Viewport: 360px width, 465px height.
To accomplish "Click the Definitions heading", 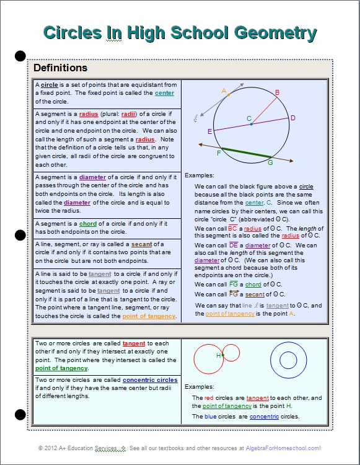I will [60, 68].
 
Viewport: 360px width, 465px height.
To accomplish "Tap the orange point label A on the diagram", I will [224, 91].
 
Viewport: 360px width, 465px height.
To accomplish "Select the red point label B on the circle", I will [277, 92].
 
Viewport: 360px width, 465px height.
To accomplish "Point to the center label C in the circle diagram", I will [249, 118].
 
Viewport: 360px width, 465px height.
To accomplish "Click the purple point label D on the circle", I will [293, 118].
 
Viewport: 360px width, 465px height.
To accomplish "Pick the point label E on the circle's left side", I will [209, 131].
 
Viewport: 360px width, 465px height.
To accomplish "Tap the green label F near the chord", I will [219, 153].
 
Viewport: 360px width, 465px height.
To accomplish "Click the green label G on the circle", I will [270, 162].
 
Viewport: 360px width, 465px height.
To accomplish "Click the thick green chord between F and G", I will [247, 153].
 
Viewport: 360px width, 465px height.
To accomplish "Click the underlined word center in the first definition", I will [164, 93].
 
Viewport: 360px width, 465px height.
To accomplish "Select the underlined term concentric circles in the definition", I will [150, 380].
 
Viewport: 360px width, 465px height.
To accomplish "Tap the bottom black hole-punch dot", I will [20, 414].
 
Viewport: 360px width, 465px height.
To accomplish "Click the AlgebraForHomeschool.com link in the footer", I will [283, 448].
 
